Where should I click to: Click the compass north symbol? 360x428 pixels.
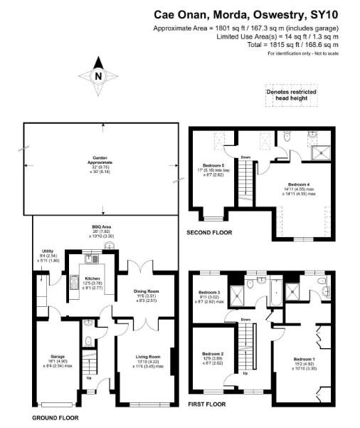point(98,77)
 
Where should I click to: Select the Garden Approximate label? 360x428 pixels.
point(102,162)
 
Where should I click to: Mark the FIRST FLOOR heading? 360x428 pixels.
point(206,404)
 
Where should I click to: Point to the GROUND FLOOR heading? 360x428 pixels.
point(55,417)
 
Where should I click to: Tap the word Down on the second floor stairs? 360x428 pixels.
point(245,157)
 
